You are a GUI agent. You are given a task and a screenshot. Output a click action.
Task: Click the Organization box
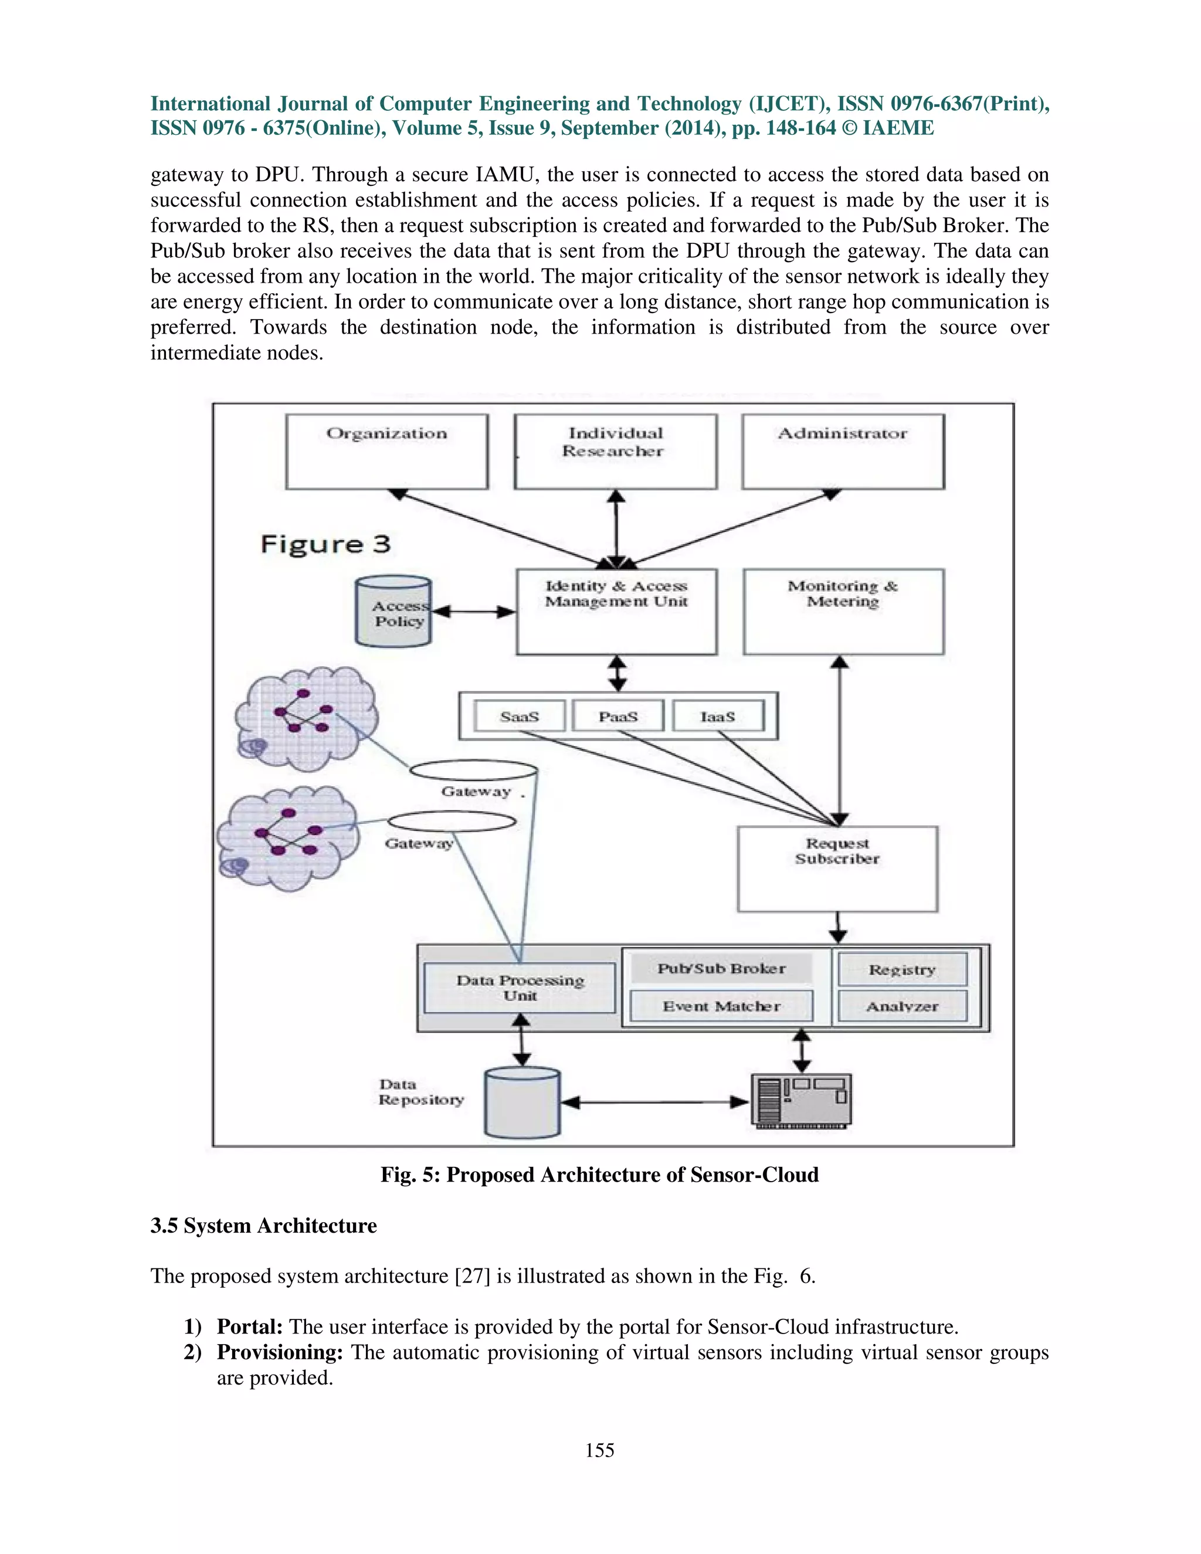pyautogui.click(x=386, y=452)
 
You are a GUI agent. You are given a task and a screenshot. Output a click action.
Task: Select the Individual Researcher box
pyautogui.click(x=615, y=452)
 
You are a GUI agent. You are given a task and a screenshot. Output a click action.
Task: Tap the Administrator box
pyautogui.click(x=843, y=452)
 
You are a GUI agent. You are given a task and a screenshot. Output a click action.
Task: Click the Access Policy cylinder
pyautogui.click(x=393, y=612)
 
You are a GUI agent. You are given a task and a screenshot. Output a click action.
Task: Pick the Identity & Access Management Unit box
pyautogui.click(x=616, y=612)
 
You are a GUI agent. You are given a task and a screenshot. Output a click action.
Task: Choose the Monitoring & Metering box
pyautogui.click(x=843, y=612)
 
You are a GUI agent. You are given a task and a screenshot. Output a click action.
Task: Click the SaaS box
pyautogui.click(x=520, y=717)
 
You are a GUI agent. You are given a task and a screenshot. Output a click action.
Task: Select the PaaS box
pyautogui.click(x=618, y=717)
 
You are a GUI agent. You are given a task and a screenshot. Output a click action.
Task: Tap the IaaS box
pyautogui.click(x=717, y=717)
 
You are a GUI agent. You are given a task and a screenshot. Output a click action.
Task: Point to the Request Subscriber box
pyautogui.click(x=837, y=869)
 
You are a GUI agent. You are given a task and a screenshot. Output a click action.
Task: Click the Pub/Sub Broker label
pyautogui.click(x=721, y=968)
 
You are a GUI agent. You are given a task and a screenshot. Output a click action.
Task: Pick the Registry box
pyautogui.click(x=902, y=970)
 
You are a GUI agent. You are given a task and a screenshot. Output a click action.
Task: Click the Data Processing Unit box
pyautogui.click(x=520, y=988)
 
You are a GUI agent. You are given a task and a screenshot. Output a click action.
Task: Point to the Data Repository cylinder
pyautogui.click(x=523, y=1103)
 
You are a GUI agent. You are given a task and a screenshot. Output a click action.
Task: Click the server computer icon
pyautogui.click(x=801, y=1101)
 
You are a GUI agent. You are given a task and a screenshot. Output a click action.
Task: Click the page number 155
pyautogui.click(x=599, y=1450)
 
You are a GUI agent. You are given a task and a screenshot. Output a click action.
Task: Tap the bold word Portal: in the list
pyautogui.click(x=250, y=1327)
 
